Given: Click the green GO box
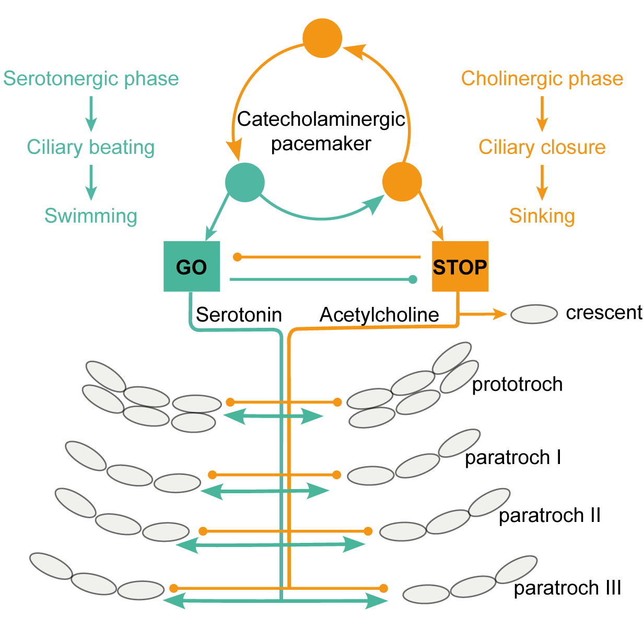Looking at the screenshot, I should (x=192, y=266).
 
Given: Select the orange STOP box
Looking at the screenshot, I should (x=460, y=266).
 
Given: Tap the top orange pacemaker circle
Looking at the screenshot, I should (x=322, y=38).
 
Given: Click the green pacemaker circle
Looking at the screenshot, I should (x=245, y=182).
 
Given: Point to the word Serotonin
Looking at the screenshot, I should (x=239, y=315).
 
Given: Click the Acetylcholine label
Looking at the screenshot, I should (x=379, y=315).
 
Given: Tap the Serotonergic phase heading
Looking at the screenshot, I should (x=91, y=79).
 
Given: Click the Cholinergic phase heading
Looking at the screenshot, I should (x=542, y=79).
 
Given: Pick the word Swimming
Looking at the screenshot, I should (x=91, y=216).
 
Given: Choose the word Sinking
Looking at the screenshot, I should (x=542, y=216).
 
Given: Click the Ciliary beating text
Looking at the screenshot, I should (x=91, y=147).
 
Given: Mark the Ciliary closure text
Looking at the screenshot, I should (x=542, y=147).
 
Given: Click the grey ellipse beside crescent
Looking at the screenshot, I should (x=534, y=314).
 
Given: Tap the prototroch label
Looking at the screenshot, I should (x=517, y=384).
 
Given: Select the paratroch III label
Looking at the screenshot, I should (x=567, y=588).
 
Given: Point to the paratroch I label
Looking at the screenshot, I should (x=513, y=458).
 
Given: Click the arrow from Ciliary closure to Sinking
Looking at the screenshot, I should (x=542, y=182).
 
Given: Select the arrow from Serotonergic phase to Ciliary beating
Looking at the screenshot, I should (x=91, y=113).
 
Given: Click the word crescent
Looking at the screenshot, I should (x=604, y=313).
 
